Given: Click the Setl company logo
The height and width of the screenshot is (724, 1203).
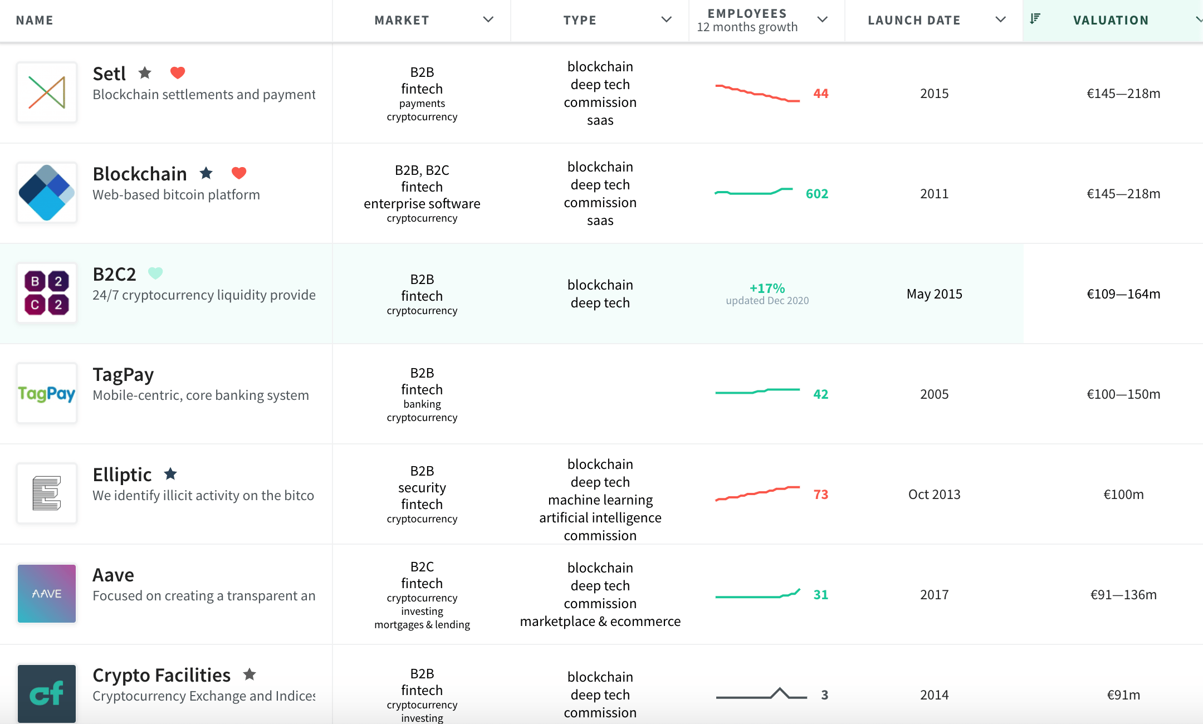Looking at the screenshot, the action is pyautogui.click(x=47, y=92).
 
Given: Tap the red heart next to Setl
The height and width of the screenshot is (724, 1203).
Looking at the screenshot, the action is pyautogui.click(x=178, y=72).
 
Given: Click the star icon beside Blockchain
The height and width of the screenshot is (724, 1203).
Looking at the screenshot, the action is pyautogui.click(x=206, y=173).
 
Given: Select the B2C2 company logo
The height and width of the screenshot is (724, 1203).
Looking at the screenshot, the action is pyautogui.click(x=47, y=293).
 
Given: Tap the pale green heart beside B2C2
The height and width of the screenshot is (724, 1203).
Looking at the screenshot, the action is pyautogui.click(x=155, y=273).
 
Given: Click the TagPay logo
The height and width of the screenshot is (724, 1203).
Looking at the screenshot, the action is pyautogui.click(x=47, y=393).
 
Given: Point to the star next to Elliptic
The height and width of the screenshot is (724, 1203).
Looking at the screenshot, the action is pyautogui.click(x=170, y=473).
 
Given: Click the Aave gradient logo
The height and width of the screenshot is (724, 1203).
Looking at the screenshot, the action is pyautogui.click(x=47, y=594).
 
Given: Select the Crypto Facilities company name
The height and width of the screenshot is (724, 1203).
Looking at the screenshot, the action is pyautogui.click(x=162, y=675).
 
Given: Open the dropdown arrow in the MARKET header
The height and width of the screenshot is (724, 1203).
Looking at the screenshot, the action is pyautogui.click(x=488, y=19).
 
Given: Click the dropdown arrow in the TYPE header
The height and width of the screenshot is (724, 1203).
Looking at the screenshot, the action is pyautogui.click(x=667, y=19).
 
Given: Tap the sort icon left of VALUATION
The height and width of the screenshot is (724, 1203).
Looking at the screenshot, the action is pyautogui.click(x=1035, y=18).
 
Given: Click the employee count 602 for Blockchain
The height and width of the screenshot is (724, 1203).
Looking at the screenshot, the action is pyautogui.click(x=817, y=194).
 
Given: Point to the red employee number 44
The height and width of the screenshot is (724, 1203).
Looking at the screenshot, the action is pyautogui.click(x=821, y=94).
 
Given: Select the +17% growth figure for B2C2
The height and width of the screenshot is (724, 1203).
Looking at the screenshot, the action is pyautogui.click(x=767, y=288).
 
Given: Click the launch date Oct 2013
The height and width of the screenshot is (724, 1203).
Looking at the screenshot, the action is pyautogui.click(x=935, y=495).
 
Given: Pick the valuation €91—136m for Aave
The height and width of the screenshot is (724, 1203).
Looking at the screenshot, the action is pyautogui.click(x=1124, y=595).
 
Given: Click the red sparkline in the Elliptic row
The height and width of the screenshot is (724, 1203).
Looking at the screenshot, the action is pyautogui.click(x=757, y=493).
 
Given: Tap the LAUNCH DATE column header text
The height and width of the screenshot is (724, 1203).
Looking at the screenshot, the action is pyautogui.click(x=915, y=20).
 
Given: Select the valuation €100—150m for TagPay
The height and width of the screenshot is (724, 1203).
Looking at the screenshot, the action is pyautogui.click(x=1124, y=394).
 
